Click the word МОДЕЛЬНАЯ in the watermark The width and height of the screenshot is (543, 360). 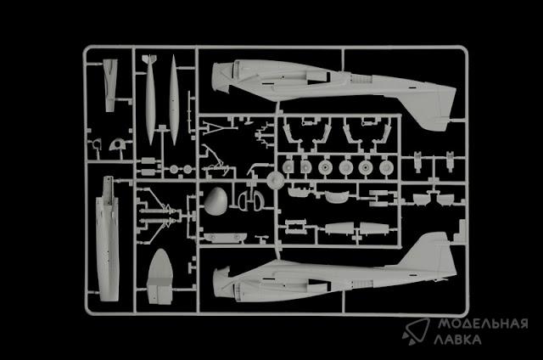[x=483, y=324]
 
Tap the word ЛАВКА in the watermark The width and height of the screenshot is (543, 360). [x=457, y=340]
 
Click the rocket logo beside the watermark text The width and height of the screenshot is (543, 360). [x=416, y=332]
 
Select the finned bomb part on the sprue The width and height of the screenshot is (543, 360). [x=149, y=99]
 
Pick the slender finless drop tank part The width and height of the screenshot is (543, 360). [x=173, y=100]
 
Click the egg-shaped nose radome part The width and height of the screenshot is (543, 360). [x=216, y=201]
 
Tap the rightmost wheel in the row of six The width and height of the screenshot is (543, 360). [x=386, y=168]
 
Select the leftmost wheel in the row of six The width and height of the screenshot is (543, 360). [x=288, y=167]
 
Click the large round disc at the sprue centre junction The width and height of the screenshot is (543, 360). [x=275, y=181]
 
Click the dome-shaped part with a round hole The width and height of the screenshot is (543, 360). [x=118, y=144]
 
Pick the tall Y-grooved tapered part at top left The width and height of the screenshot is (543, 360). [x=109, y=85]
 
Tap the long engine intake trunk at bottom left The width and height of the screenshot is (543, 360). [x=108, y=239]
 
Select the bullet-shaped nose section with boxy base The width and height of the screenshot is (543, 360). [x=160, y=277]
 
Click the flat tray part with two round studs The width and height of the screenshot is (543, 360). [x=225, y=238]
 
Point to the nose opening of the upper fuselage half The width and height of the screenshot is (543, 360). [x=219, y=77]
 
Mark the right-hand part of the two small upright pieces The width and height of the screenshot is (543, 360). [x=450, y=161]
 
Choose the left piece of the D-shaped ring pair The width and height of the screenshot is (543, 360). [x=244, y=200]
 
